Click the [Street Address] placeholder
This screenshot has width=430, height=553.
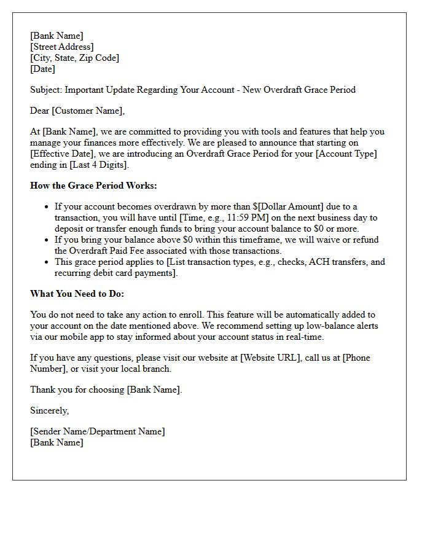62,47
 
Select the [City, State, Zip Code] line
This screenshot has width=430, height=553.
74,58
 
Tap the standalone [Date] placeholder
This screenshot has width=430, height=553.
42,69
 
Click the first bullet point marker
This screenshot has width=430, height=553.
47,207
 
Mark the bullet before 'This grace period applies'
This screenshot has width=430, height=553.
47,262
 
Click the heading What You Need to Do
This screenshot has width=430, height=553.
77,294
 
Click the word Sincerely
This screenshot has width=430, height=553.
49,410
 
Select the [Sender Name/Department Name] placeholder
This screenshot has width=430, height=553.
97,431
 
